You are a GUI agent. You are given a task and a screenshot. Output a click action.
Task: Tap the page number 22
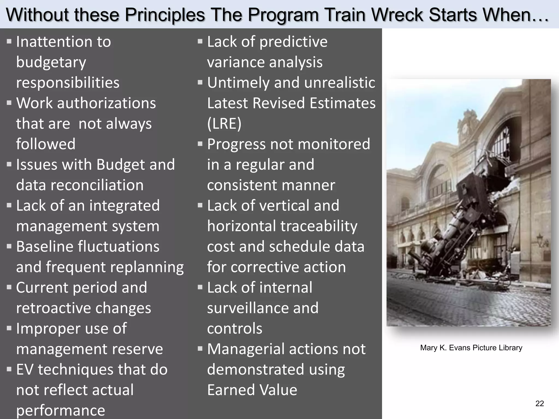(540, 403)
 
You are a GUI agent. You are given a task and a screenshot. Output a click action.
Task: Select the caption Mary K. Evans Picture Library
(471, 348)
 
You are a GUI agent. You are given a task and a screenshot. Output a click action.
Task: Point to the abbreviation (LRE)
(224, 124)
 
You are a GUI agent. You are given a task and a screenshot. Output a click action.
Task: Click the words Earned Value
(252, 390)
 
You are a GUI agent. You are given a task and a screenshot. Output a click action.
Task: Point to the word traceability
(319, 226)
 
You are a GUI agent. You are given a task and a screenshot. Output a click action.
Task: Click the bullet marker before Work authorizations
(9, 103)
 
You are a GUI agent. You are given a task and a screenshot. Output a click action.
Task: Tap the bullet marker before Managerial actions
(200, 349)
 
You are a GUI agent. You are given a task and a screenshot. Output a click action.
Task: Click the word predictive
(293, 42)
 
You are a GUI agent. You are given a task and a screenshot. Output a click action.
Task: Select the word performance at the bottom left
(60, 411)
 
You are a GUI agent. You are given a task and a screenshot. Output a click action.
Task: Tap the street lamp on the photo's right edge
(540, 240)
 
